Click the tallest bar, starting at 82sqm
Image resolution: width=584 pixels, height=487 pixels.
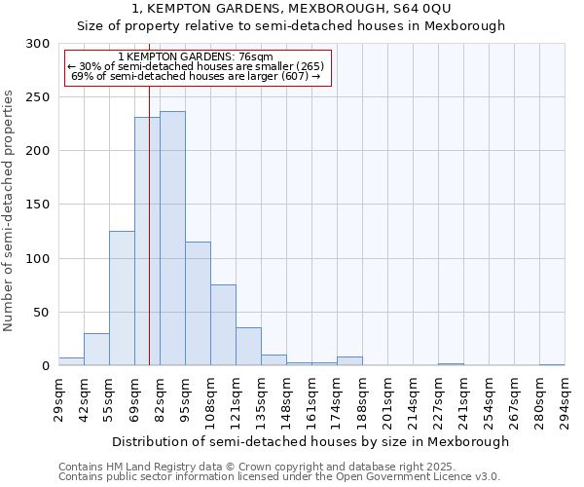(172, 239)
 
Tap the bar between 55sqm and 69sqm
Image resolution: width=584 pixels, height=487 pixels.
(122, 298)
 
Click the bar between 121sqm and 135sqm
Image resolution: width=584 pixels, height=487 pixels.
(248, 347)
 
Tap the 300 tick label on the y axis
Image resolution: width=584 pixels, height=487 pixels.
(38, 44)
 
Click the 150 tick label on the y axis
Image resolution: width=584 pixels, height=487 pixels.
(38, 206)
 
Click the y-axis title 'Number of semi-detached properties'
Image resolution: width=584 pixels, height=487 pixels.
(10, 210)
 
